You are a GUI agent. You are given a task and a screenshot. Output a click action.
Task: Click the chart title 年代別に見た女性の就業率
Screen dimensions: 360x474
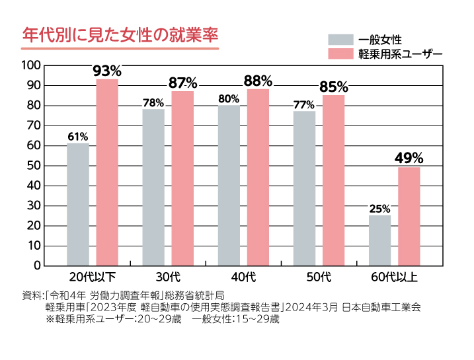[x=120, y=34]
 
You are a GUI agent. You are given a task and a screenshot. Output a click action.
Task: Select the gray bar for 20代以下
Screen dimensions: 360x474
[x=77, y=204]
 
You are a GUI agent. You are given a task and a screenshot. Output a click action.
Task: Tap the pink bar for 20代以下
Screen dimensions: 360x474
[x=107, y=172]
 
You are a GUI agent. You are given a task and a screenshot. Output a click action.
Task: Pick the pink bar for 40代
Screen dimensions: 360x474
[x=258, y=177]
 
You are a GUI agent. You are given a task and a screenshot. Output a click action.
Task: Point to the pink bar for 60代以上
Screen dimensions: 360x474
[x=409, y=216]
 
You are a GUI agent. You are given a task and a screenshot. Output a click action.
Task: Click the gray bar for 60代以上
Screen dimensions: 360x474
[x=379, y=240]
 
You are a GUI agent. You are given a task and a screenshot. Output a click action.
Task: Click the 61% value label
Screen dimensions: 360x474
[x=77, y=137]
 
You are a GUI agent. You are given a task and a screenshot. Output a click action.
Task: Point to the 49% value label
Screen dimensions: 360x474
[x=409, y=158]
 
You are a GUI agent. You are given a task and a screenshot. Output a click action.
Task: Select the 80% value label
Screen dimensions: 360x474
[x=228, y=99]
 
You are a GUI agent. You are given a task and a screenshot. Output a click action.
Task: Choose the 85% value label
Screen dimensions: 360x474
[x=333, y=87]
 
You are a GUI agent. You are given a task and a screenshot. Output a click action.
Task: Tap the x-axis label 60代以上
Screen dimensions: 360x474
[x=394, y=275]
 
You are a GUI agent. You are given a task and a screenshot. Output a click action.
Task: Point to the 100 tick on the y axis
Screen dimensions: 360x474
[x=31, y=65]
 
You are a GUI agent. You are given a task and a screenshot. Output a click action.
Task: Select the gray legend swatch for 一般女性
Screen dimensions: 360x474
[x=341, y=39]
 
